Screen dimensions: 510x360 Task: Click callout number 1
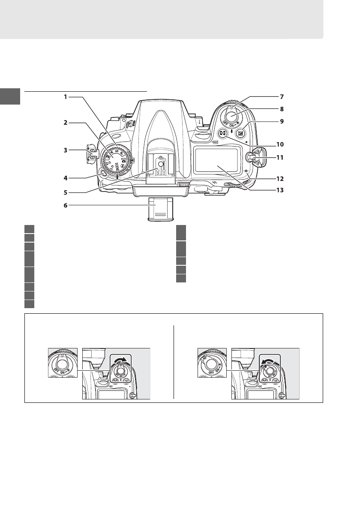coord(66,97)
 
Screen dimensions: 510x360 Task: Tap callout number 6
coord(66,205)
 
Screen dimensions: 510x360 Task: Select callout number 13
coord(280,191)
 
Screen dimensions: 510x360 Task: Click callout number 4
coord(66,177)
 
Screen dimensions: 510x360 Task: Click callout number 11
coord(280,157)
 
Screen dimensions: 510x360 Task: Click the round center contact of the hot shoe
coord(160,163)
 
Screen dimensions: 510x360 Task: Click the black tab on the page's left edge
coord(10,96)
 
